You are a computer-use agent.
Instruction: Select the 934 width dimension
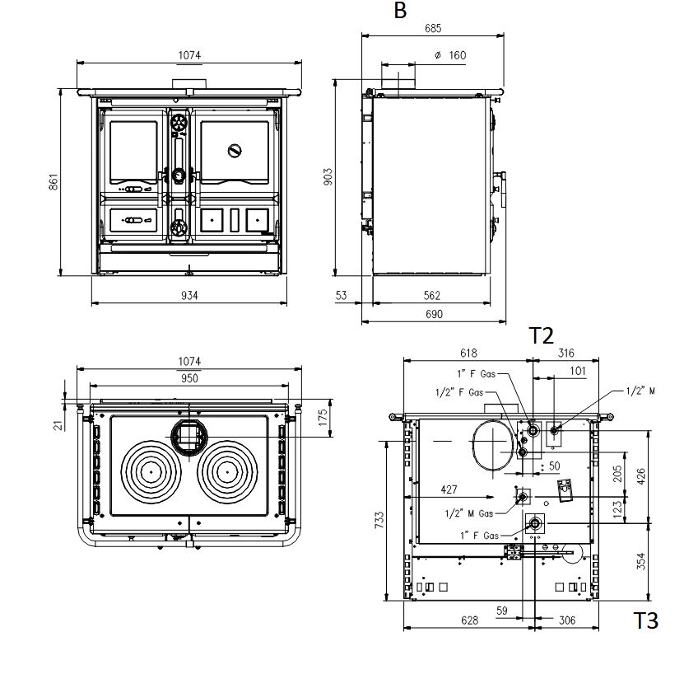(190, 295)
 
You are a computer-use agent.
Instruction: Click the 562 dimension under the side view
(431, 295)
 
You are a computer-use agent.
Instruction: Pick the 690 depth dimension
(434, 314)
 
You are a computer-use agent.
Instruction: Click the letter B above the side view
(400, 11)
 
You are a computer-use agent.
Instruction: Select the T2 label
(541, 335)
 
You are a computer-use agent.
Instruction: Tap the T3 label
(645, 620)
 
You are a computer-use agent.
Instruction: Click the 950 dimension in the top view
(189, 378)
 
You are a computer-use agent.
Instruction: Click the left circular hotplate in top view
(152, 471)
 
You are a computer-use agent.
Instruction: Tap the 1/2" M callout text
(640, 391)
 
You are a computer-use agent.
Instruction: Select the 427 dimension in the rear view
(449, 489)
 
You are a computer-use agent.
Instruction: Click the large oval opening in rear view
(492, 445)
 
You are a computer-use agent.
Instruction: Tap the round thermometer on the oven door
(235, 150)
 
